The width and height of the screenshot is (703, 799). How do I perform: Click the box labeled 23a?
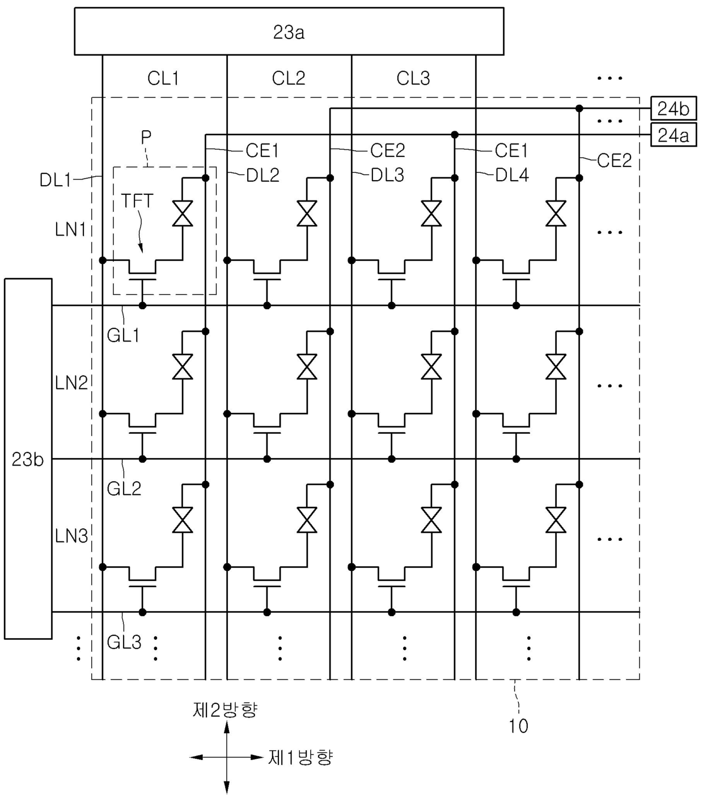click(289, 31)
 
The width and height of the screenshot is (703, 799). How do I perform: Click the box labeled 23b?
click(28, 459)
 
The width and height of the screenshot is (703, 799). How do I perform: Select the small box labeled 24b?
click(674, 109)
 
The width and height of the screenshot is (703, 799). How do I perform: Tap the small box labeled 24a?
click(674, 135)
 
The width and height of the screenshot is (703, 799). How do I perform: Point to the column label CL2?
click(289, 78)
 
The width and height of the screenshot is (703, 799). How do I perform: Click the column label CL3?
click(413, 78)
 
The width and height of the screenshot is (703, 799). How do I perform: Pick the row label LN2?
click(71, 383)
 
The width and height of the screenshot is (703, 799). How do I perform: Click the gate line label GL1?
click(123, 335)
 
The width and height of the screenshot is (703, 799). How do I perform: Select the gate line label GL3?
click(124, 642)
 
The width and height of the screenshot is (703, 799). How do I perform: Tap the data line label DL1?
click(56, 180)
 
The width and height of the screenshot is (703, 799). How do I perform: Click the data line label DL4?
click(512, 175)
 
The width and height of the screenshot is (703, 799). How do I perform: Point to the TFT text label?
click(137, 200)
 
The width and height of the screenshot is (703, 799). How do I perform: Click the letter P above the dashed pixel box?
click(146, 137)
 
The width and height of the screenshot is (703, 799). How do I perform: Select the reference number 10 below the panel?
click(518, 726)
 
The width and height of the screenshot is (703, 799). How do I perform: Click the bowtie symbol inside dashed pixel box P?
click(183, 213)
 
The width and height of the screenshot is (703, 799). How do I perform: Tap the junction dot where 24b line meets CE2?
click(579, 109)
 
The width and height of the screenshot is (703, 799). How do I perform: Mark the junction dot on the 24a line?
click(455, 135)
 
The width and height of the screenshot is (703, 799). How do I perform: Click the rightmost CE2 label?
click(614, 160)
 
